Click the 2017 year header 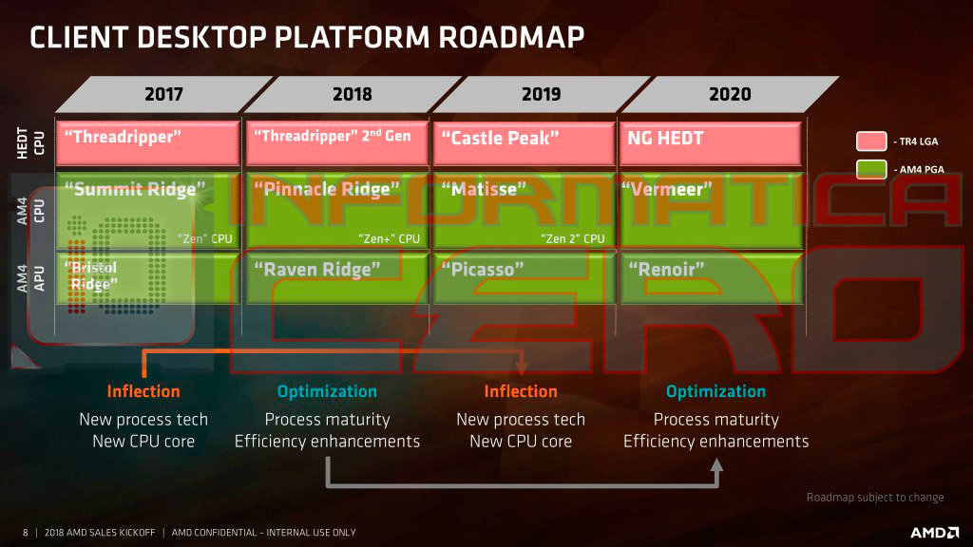pyautogui.click(x=163, y=94)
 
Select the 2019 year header pyautogui.click(x=541, y=94)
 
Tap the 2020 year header pyautogui.click(x=729, y=94)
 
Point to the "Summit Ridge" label pyautogui.click(x=133, y=189)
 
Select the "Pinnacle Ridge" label pyautogui.click(x=323, y=189)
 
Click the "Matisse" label pyautogui.click(x=484, y=189)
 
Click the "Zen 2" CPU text pyautogui.click(x=572, y=238)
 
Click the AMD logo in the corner pyautogui.click(x=934, y=533)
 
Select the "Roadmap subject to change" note pyautogui.click(x=875, y=497)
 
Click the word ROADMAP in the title pyautogui.click(x=509, y=37)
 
